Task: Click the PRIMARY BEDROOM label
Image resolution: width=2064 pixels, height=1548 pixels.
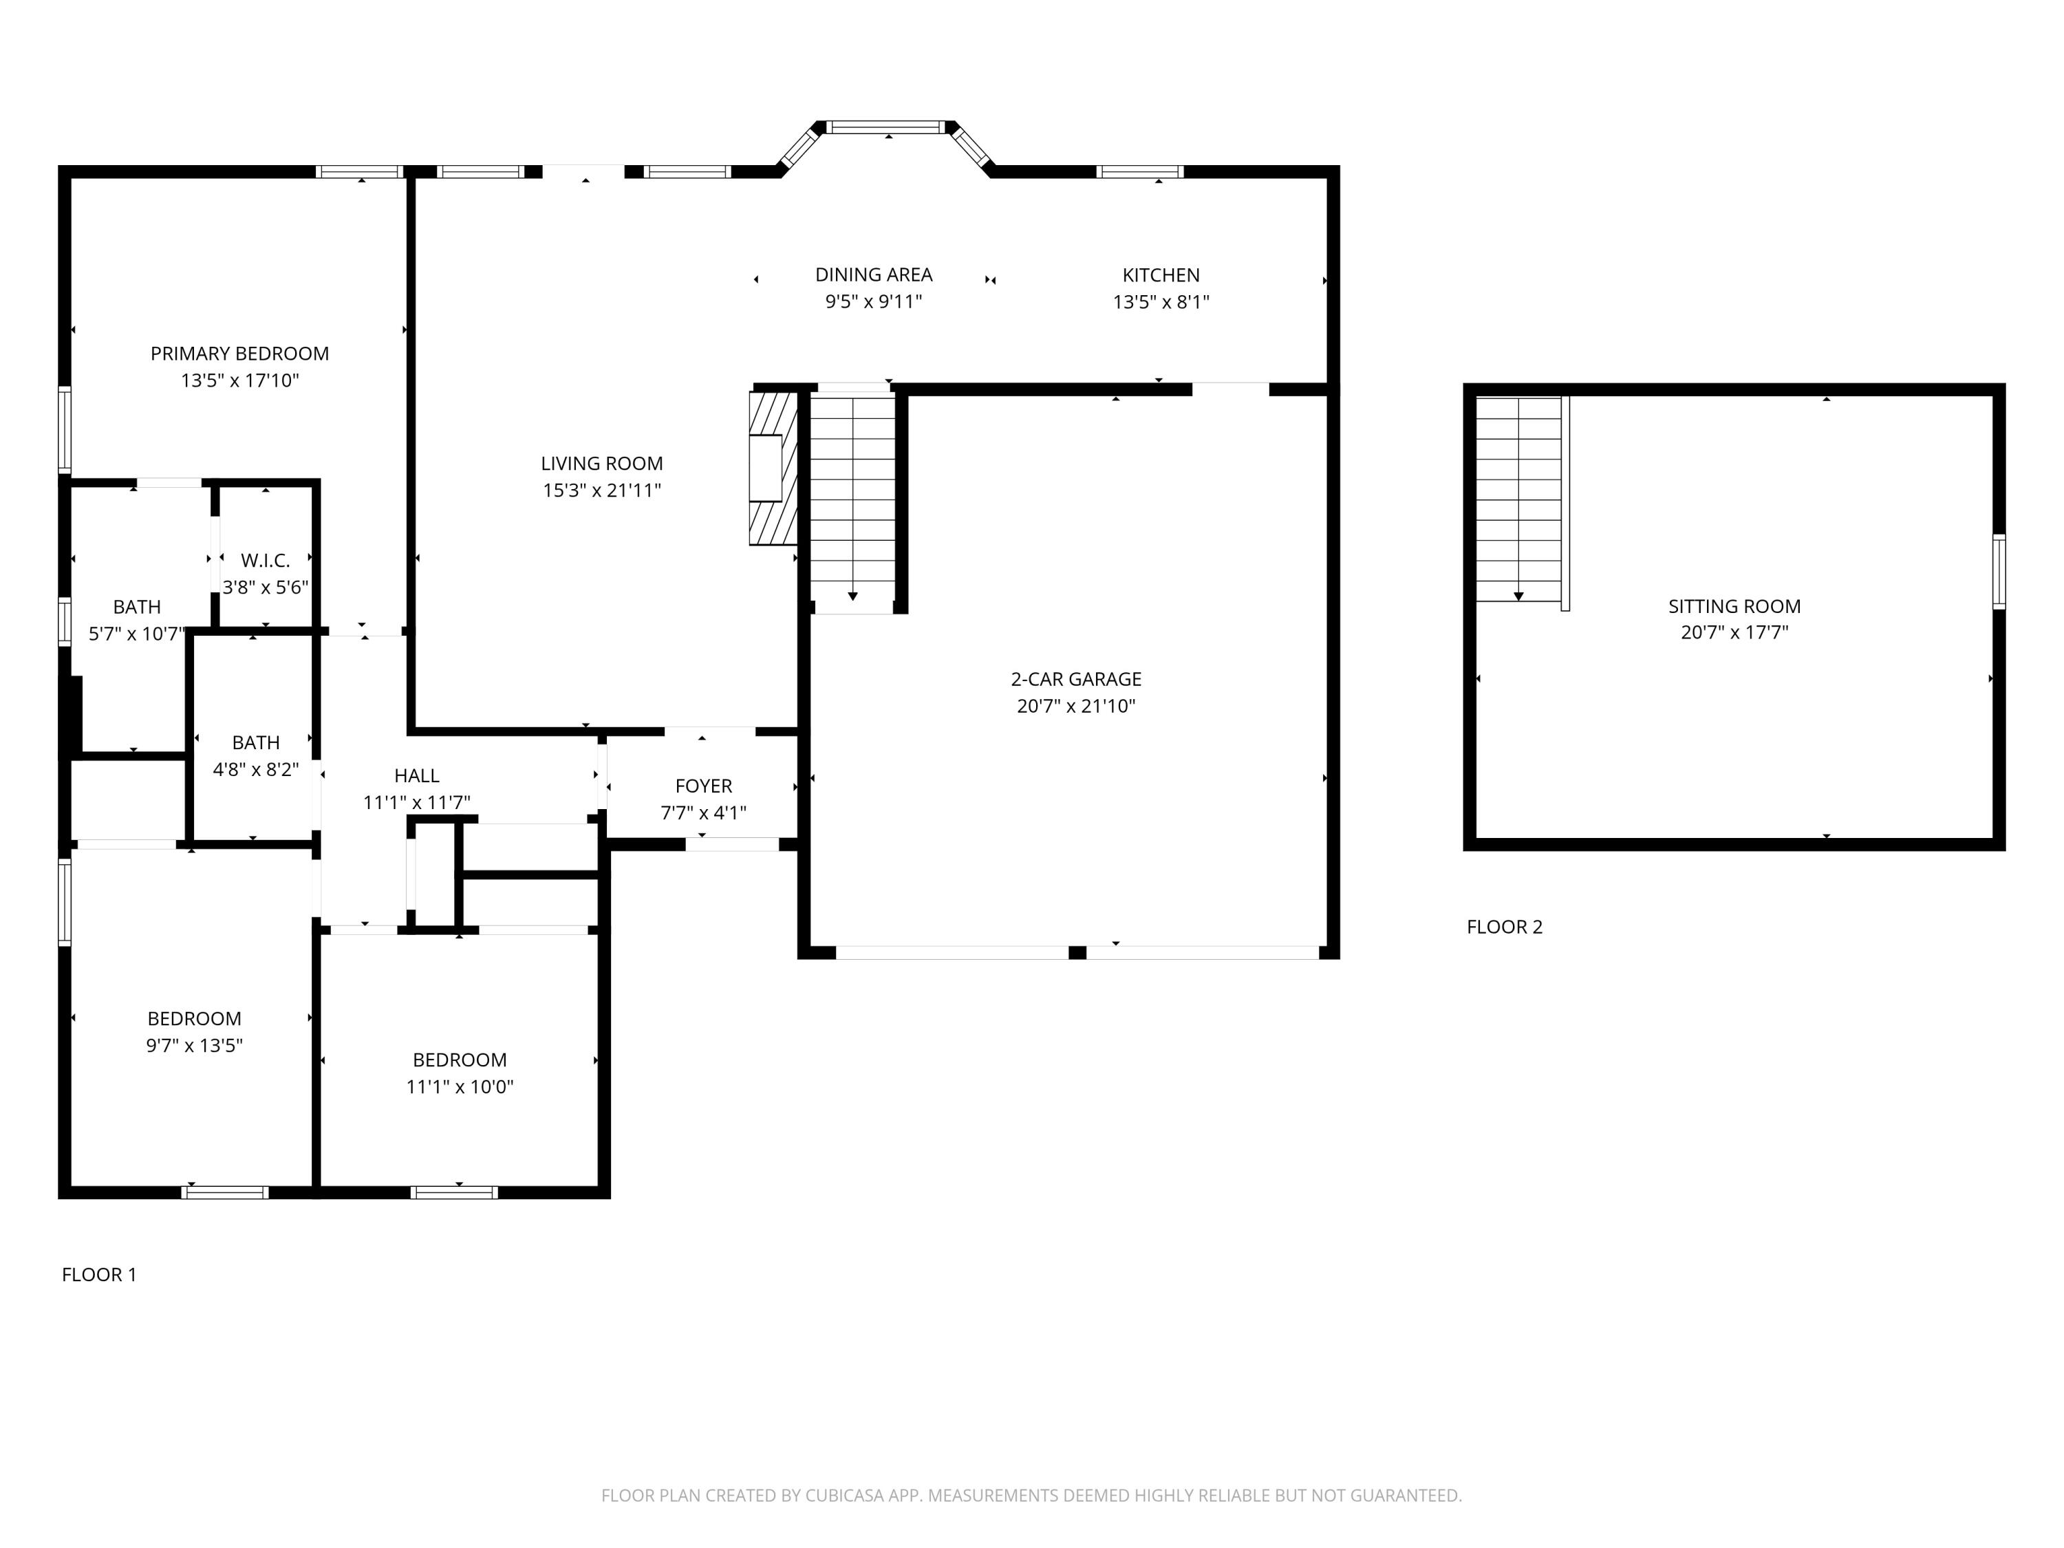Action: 240,354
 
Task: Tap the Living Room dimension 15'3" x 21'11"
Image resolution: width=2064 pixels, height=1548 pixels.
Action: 602,490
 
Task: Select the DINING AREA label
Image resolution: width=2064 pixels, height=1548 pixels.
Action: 873,275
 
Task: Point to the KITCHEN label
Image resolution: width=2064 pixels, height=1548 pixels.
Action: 1161,275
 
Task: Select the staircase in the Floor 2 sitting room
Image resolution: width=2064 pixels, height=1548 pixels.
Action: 1518,499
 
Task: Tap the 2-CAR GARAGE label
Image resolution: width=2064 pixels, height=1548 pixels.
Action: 1076,679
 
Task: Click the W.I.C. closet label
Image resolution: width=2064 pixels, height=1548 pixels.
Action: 265,560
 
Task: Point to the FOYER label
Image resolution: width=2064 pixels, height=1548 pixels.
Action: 704,786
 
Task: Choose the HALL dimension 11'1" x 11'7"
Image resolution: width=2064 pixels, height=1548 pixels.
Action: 416,802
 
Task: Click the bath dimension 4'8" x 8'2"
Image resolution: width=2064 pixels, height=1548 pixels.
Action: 256,769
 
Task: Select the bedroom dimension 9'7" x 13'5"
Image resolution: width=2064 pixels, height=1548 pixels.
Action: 194,1045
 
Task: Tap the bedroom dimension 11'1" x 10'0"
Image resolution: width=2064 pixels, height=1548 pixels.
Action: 460,1086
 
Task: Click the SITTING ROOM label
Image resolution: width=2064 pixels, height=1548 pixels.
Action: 1734,605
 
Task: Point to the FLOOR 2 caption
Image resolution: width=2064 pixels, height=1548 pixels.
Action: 1504,927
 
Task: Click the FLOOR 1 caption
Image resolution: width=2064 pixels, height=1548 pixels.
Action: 99,1275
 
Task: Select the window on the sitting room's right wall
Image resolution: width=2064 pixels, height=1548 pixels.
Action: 1999,571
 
